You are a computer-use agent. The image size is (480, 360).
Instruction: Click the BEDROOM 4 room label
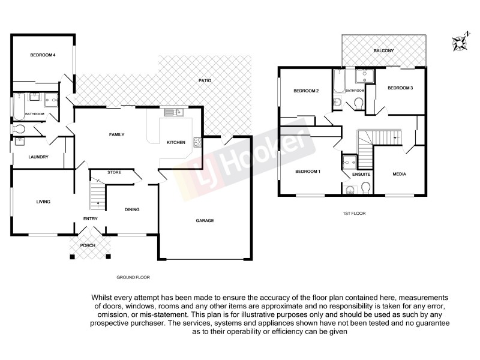coord(43,55)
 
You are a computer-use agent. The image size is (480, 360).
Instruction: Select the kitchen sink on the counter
coord(176,112)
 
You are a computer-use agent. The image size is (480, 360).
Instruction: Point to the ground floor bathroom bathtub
coord(17,107)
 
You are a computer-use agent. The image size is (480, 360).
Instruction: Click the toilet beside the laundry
coord(18,129)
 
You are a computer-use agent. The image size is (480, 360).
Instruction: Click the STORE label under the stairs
coord(114,173)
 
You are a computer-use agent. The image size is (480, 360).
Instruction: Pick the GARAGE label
coord(205,220)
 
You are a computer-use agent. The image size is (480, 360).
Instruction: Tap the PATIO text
coord(205,80)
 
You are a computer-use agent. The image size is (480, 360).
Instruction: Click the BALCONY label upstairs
coord(383,50)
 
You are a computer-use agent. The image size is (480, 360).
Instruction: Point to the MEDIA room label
coord(399,174)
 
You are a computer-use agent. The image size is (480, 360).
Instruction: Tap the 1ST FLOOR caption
coord(354,213)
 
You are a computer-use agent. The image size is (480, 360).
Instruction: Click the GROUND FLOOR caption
coord(133,277)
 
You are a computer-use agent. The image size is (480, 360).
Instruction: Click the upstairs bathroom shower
coord(364,76)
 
